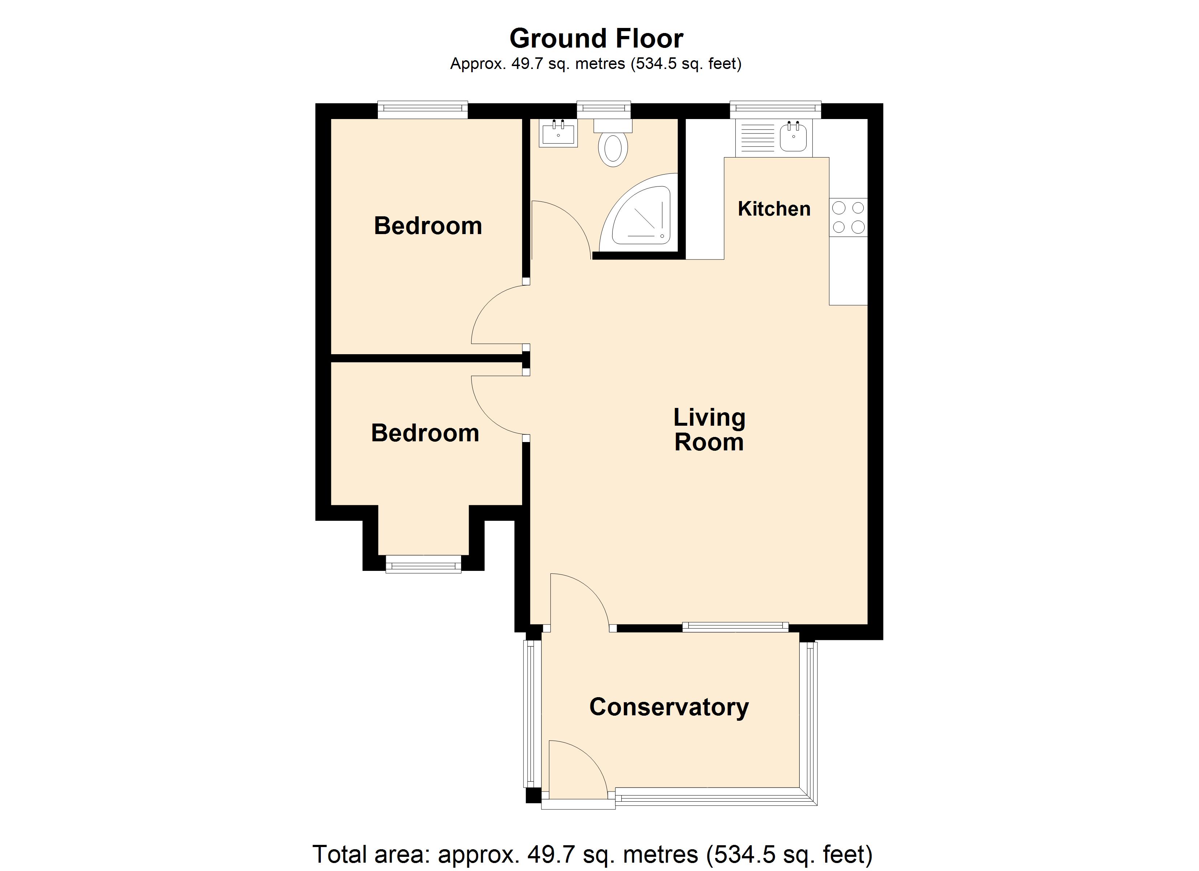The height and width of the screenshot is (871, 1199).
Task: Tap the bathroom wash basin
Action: pos(558,132)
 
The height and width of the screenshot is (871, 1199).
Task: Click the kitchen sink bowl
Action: pos(794,137)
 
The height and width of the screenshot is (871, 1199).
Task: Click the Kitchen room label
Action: pos(774,209)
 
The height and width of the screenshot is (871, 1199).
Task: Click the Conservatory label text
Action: pos(669,707)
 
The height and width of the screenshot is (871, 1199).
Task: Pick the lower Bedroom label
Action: pos(425,433)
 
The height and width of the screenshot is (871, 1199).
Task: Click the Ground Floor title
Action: pos(596,38)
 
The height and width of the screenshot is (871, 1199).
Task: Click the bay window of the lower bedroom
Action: pos(423,564)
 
